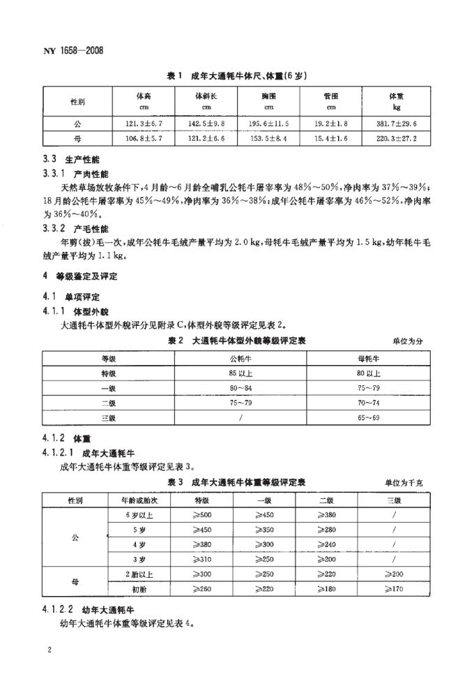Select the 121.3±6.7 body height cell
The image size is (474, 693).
tap(143, 123)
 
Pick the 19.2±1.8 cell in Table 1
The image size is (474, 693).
tap(331, 123)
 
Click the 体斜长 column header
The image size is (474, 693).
tap(206, 96)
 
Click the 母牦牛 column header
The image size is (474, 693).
tap(368, 359)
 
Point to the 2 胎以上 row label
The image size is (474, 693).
tap(131, 573)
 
